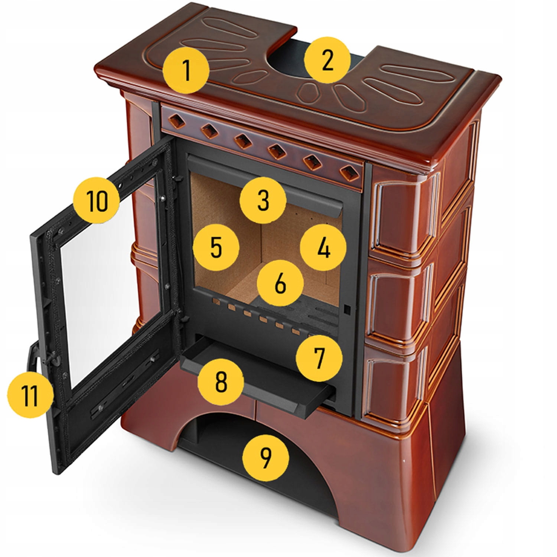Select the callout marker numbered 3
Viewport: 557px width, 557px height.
click(263, 200)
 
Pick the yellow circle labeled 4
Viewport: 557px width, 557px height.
click(323, 247)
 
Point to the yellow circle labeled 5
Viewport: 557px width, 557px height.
click(216, 247)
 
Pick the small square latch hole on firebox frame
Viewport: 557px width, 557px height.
click(347, 308)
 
